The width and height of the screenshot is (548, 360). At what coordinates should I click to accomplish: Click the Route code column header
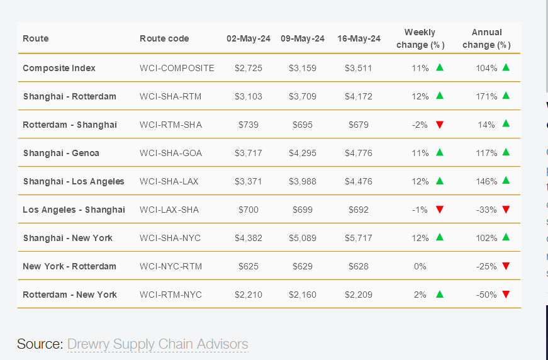[164, 38]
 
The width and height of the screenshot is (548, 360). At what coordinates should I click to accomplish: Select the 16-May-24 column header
[359, 38]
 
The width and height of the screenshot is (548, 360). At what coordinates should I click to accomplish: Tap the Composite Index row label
[59, 68]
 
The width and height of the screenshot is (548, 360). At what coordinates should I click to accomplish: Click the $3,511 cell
[359, 68]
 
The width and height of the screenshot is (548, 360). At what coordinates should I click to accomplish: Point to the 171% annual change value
[487, 96]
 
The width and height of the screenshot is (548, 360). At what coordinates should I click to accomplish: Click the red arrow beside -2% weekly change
[440, 125]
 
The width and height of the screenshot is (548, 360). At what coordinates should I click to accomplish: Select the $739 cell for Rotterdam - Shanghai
[249, 125]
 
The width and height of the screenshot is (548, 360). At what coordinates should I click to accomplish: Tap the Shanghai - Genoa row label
[61, 153]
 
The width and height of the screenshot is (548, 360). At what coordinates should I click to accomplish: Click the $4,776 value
[359, 153]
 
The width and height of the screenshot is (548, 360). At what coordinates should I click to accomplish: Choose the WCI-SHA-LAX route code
[169, 181]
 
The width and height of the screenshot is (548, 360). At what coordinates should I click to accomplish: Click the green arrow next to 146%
[506, 181]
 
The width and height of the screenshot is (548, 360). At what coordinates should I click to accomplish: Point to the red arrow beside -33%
[506, 210]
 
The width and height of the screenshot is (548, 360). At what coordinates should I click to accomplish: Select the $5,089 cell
[303, 238]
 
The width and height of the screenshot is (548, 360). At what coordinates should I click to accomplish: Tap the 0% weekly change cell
[420, 266]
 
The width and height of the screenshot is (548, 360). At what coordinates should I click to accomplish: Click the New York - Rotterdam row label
[69, 266]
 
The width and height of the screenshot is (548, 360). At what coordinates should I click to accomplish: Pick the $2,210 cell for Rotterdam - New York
[249, 295]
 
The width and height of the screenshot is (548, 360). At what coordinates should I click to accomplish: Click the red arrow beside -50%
[506, 295]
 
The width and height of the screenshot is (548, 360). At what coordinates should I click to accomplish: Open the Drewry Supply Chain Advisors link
[157, 344]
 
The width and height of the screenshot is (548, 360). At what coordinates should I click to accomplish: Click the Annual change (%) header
[487, 38]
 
